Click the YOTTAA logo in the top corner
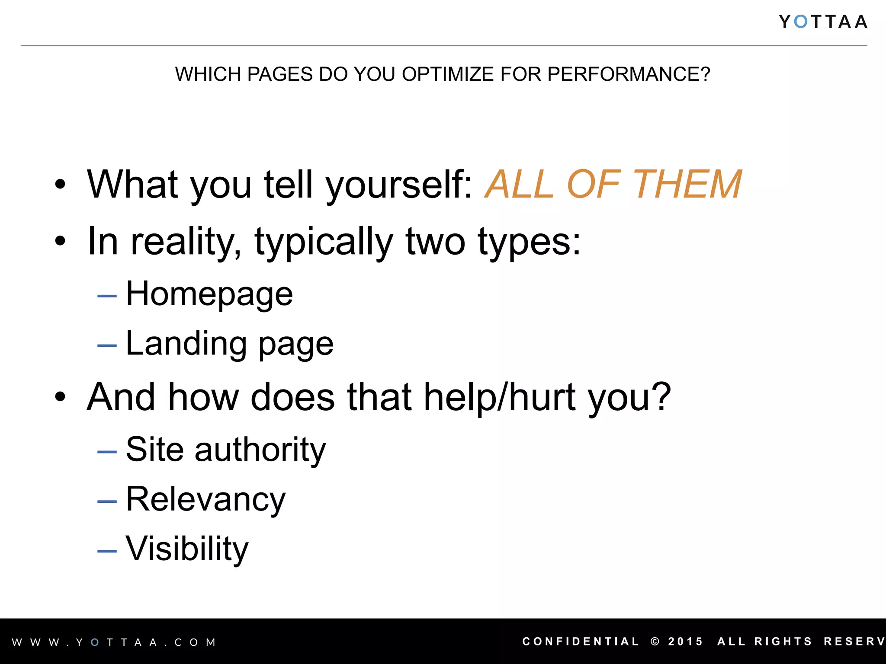click(823, 22)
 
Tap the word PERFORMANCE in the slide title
click(628, 74)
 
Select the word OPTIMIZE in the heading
click(448, 74)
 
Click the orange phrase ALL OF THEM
click(613, 185)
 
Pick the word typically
click(324, 242)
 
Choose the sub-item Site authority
click(225, 450)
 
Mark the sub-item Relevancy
click(205, 500)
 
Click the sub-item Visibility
click(187, 549)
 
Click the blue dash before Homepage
click(107, 296)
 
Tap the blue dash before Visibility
click(107, 551)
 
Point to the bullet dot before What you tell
click(60, 185)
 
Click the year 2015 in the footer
click(685, 642)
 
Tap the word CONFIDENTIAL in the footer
click(581, 642)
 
